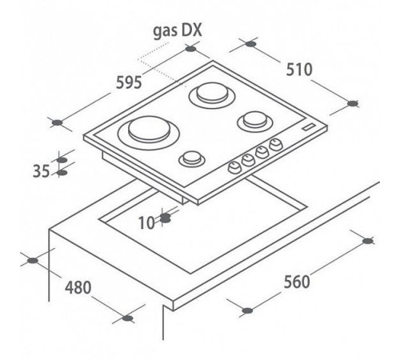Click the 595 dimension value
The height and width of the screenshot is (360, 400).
pyautogui.click(x=129, y=82)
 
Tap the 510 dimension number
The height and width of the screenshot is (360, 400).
pyautogui.click(x=299, y=70)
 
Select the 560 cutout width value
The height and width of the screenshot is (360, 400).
pyautogui.click(x=297, y=282)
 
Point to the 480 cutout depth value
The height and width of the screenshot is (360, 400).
pyautogui.click(x=78, y=287)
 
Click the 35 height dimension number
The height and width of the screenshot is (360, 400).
pyautogui.click(x=41, y=171)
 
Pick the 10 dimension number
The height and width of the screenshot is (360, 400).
pyautogui.click(x=146, y=222)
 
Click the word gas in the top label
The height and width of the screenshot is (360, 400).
pyautogui.click(x=166, y=31)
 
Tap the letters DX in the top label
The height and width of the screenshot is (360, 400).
pyautogui.click(x=192, y=30)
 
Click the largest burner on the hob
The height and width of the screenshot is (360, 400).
pyautogui.click(x=149, y=133)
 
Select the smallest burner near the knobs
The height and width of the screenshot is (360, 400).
pyautogui.click(x=192, y=159)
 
